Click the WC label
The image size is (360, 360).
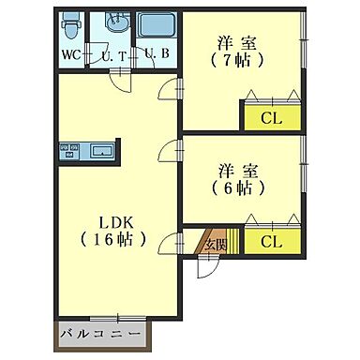pyautogui.click(x=70, y=53)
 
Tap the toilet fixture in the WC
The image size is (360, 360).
pyautogui.click(x=71, y=24)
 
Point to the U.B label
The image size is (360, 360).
pyautogui.click(x=156, y=53)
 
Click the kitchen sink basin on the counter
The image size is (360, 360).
pyautogui.click(x=101, y=151)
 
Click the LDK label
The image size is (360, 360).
pyautogui.click(x=119, y=222)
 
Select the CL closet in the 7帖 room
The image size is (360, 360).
pyautogui.click(x=272, y=117)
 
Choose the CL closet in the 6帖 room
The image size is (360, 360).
pyautogui.click(x=271, y=242)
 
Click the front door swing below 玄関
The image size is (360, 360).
pyautogui.click(x=209, y=268)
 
